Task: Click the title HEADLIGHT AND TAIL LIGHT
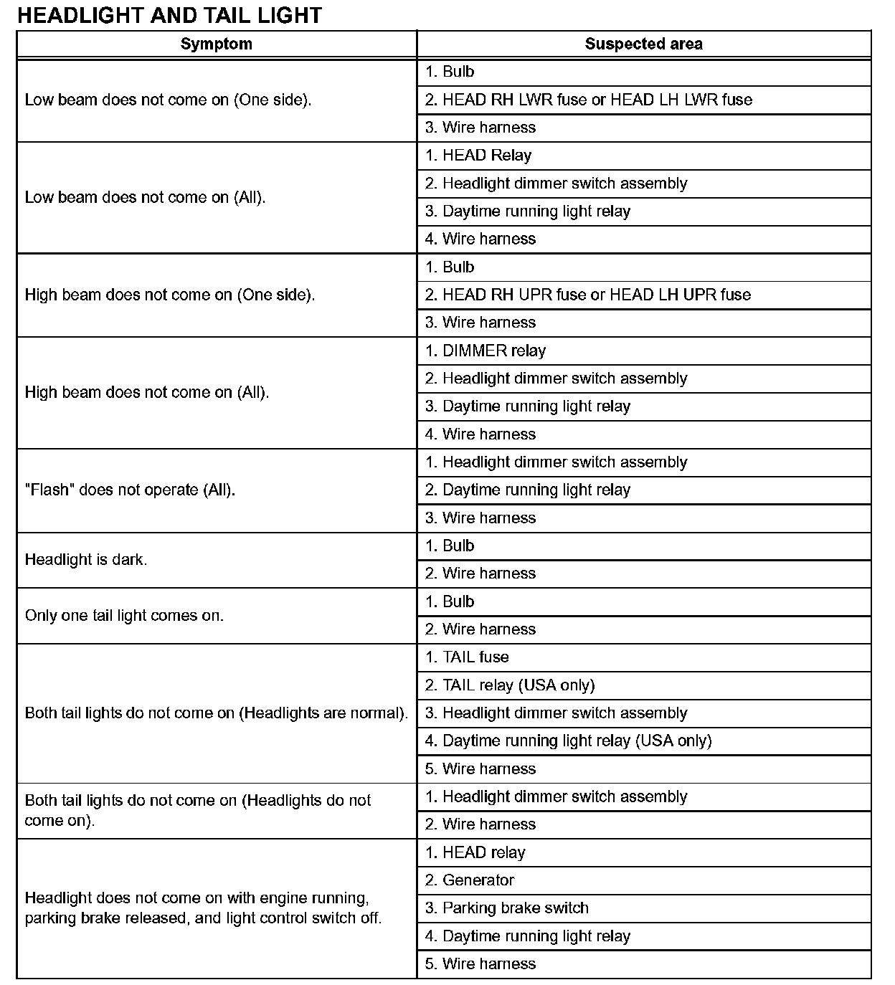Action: [x=169, y=15]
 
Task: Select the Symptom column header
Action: [x=216, y=44]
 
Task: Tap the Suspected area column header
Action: [x=643, y=44]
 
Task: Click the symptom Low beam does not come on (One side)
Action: [x=168, y=100]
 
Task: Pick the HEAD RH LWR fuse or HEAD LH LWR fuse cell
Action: [x=588, y=100]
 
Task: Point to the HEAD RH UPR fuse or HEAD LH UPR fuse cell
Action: [x=587, y=295]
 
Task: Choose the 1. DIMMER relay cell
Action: [x=485, y=351]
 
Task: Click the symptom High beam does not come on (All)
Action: [x=147, y=392]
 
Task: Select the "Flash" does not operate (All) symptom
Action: [x=130, y=490]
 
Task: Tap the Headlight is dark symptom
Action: [x=86, y=560]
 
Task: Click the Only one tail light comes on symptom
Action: [x=124, y=615]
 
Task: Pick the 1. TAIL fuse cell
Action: [x=466, y=657]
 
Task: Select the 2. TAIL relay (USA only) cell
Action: [x=509, y=685]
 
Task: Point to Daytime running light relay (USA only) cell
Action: [x=568, y=741]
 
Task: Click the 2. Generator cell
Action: [x=469, y=880]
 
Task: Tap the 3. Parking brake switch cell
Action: [x=506, y=908]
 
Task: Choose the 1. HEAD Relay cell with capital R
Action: [x=478, y=156]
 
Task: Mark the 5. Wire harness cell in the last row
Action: [x=480, y=963]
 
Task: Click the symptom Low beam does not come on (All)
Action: [x=145, y=197]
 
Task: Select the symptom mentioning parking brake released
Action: [x=203, y=908]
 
